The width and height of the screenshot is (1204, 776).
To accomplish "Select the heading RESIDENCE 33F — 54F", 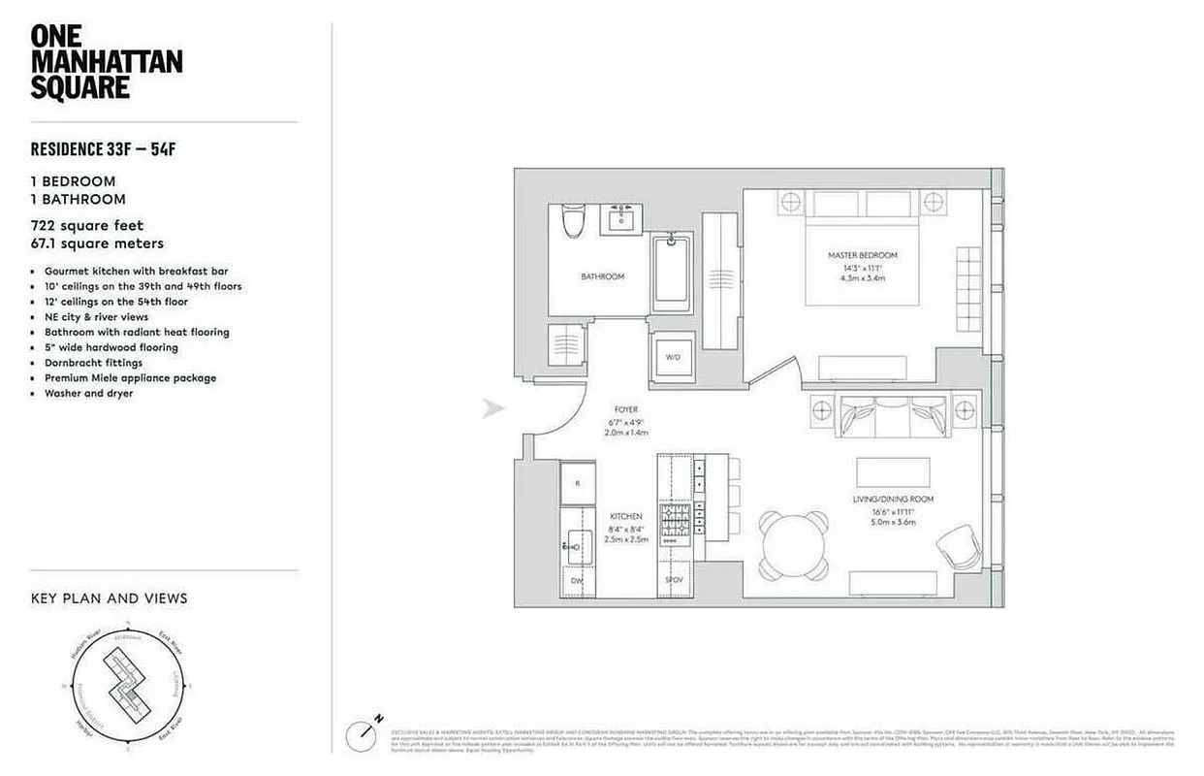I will pyautogui.click(x=108, y=149).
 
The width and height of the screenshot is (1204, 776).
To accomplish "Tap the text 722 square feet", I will pyautogui.click(x=87, y=226).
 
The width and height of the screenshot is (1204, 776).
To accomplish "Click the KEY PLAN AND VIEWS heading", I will pyautogui.click(x=110, y=598).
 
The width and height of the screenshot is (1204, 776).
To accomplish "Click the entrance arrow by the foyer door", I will pyautogui.click(x=494, y=409).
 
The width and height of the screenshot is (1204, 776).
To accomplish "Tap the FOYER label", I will pyautogui.click(x=626, y=409).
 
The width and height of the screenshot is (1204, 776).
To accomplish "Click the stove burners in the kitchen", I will pyautogui.click(x=675, y=520).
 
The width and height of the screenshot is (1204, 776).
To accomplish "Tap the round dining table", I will pyautogui.click(x=794, y=545).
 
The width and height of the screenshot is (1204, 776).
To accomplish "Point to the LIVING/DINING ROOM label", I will pyautogui.click(x=880, y=500).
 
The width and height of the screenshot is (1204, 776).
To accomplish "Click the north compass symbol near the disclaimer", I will pyautogui.click(x=366, y=732).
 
